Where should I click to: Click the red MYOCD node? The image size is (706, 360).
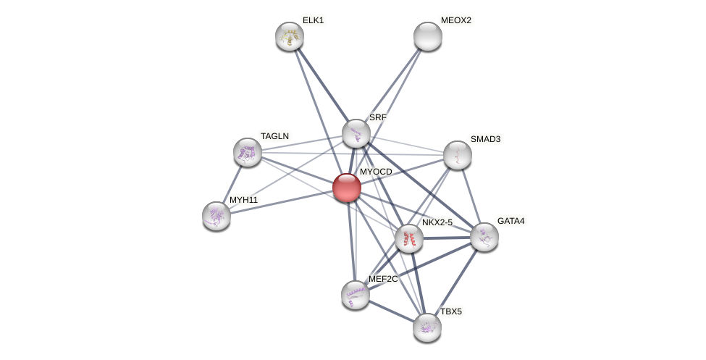[x=347, y=188]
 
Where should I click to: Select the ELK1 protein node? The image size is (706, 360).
[x=290, y=36]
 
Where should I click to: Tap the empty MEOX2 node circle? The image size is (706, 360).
[x=428, y=36]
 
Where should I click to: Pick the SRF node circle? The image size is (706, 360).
[x=356, y=133]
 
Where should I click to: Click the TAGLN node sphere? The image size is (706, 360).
[x=248, y=152]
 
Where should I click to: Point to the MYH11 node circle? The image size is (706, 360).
[x=217, y=215]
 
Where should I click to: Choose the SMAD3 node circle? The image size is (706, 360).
[x=458, y=154]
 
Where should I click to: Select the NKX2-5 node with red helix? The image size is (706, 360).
[x=409, y=238]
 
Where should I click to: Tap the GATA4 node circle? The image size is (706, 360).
[x=484, y=237]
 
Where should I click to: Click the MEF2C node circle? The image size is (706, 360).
[x=356, y=295]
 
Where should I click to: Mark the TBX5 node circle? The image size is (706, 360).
[x=427, y=327]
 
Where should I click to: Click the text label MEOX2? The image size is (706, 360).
[x=455, y=20]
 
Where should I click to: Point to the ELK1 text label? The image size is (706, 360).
[x=313, y=20]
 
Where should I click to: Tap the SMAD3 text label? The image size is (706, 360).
[x=485, y=139]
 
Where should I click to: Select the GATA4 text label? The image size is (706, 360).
[x=510, y=221]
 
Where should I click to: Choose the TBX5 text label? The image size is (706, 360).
[x=451, y=311]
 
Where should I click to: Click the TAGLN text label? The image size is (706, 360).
[x=274, y=136]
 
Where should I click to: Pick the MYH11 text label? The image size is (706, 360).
[x=243, y=200]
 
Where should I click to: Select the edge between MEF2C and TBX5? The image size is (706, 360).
[x=391, y=311]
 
